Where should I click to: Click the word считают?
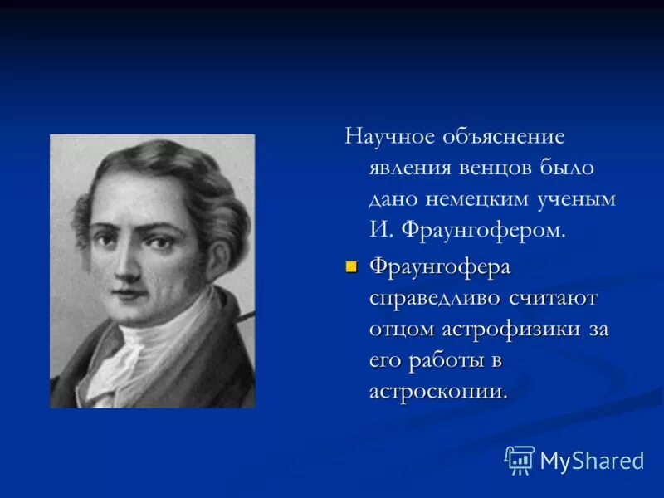coord(549,299)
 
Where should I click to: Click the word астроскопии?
coord(437,392)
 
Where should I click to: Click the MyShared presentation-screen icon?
coord(520,459)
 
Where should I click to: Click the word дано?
coord(394,199)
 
